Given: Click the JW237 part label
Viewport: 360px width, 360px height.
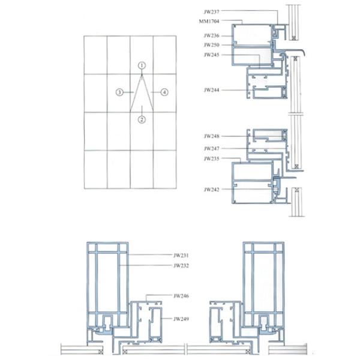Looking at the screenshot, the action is coord(211,12).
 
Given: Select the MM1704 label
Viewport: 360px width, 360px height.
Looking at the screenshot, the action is coord(209,22).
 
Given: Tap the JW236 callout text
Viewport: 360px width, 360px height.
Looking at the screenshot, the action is coord(211,35).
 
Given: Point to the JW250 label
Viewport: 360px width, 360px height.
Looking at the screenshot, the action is coord(211,45).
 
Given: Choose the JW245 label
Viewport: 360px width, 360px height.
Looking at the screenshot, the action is coord(211,55).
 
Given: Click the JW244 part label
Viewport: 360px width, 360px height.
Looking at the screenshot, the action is coord(211,90).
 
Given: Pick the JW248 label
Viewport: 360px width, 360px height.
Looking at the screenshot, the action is coord(211,136).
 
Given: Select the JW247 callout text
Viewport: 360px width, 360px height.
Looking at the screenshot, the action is coord(211,149).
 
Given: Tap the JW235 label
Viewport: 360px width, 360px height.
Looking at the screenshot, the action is coord(211,158).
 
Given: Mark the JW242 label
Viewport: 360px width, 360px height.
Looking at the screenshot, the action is coord(211,190).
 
